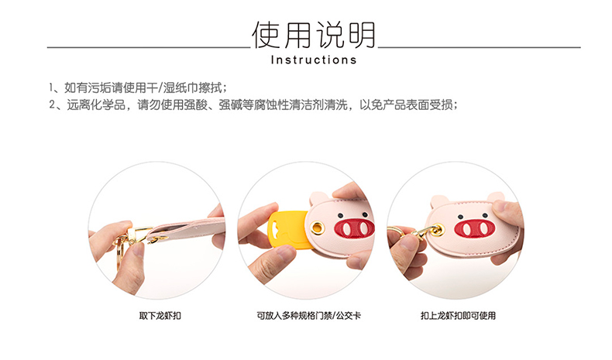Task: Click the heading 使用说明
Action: tap(314, 35)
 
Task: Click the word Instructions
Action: tap(314, 60)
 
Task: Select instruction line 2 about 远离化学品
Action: tap(253, 105)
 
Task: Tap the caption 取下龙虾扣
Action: tap(160, 316)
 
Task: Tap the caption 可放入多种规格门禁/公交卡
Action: tap(309, 316)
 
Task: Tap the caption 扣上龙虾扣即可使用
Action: tap(458, 316)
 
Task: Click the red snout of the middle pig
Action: tap(354, 228)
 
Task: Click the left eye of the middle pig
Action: tap(340, 215)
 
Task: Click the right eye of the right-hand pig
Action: tap(486, 216)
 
